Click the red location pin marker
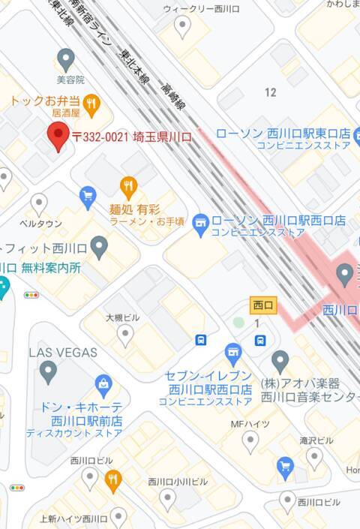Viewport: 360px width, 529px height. click(59, 136)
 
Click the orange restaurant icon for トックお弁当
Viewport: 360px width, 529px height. click(91, 104)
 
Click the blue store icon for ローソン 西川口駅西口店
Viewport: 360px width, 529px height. click(199, 221)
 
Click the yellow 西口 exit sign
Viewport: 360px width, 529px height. click(263, 305)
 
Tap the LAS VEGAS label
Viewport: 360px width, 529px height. click(64, 352)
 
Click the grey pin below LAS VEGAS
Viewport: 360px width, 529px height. click(49, 370)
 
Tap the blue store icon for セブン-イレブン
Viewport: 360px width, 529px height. click(233, 351)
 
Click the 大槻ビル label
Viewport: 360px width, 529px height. click(123, 317)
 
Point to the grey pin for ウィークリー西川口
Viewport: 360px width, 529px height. click(182, 27)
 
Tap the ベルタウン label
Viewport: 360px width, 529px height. click(40, 224)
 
